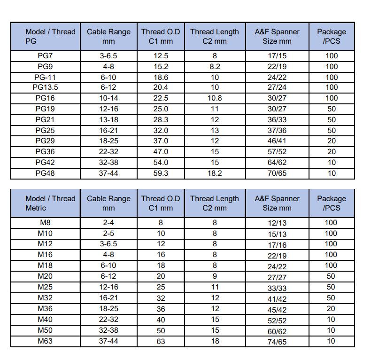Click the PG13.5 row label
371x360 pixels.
coord(45,87)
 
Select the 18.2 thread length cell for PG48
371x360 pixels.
coord(215,173)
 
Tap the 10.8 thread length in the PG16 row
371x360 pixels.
coord(215,98)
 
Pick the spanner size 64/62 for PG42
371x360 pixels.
coord(277,163)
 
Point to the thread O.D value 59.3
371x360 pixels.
coord(161,173)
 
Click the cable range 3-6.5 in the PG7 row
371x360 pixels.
coord(108,55)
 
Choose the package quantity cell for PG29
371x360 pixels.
coord(332,141)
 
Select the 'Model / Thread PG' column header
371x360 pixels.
coord(46,37)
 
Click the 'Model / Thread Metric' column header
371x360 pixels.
coord(46,203)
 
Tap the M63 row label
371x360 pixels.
coord(45,341)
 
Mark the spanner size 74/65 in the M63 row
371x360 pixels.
coord(277,342)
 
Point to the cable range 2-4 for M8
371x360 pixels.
coord(108,223)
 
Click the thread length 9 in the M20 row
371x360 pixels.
coord(215,276)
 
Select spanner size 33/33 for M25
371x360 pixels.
coord(277,287)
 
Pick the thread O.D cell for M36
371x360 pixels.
coord(161,309)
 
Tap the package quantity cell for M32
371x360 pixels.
coord(332,298)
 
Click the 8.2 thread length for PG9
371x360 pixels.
coord(215,66)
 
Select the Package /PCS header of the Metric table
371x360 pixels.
coord(332,203)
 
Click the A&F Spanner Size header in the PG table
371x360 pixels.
coord(277,37)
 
